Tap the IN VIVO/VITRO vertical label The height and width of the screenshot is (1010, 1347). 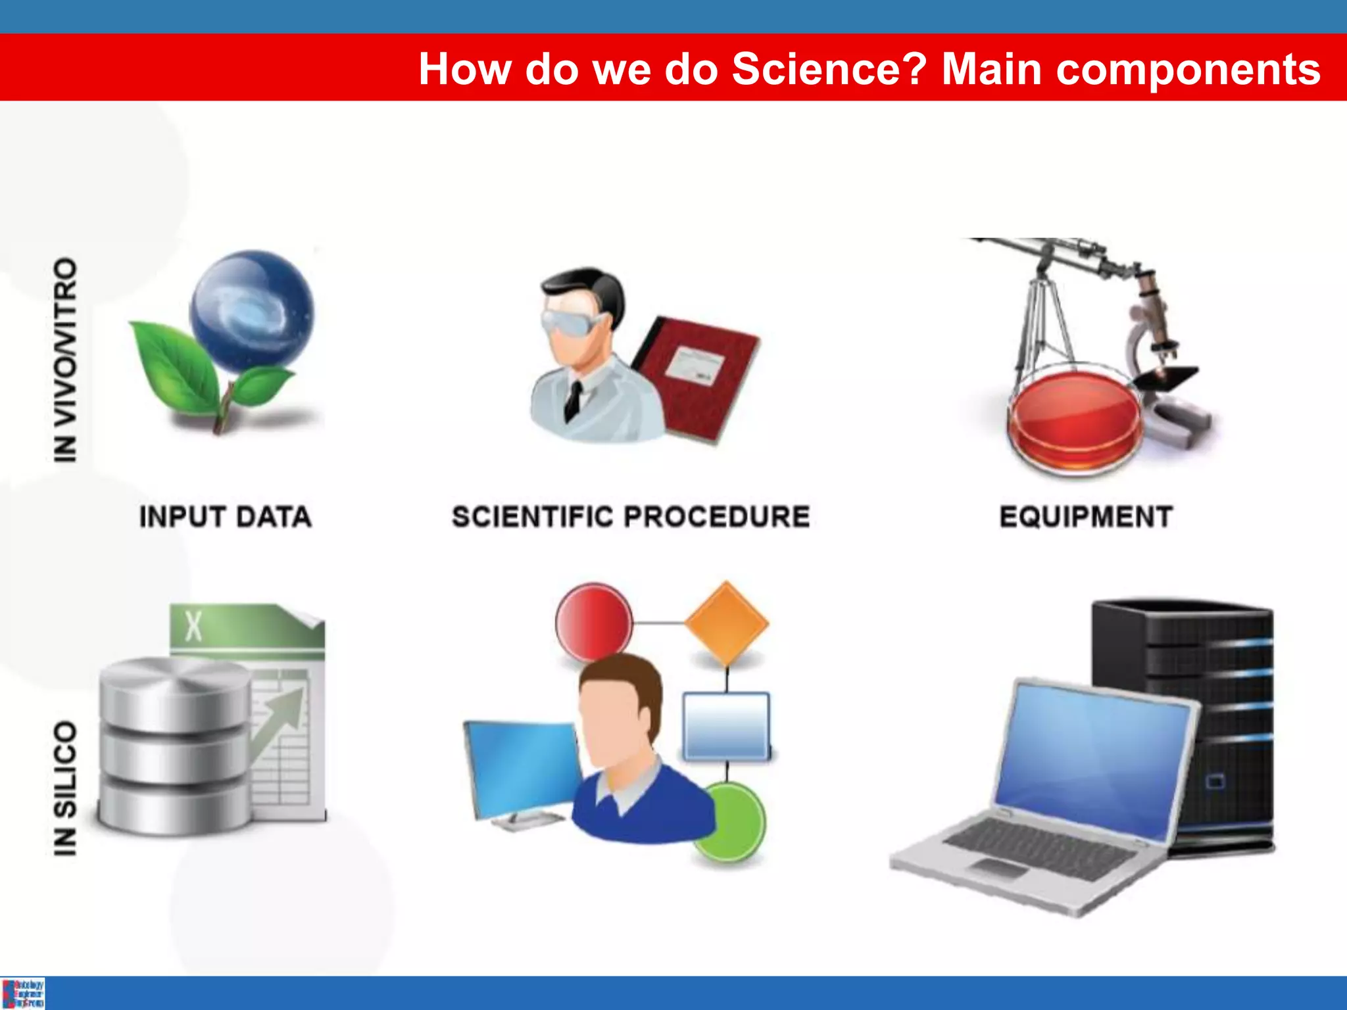pyautogui.click(x=65, y=360)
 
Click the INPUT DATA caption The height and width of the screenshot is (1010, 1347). pyautogui.click(x=225, y=517)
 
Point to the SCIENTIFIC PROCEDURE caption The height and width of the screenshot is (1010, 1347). pyautogui.click(x=630, y=517)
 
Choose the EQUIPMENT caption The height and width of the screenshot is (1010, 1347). pyautogui.click(x=1086, y=517)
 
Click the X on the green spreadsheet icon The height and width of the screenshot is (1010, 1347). pyautogui.click(x=193, y=626)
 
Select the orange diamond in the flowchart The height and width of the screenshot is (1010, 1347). pyautogui.click(x=726, y=621)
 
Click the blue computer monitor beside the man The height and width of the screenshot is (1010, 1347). pyautogui.click(x=520, y=766)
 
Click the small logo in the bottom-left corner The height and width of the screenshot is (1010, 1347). pyautogui.click(x=23, y=994)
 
